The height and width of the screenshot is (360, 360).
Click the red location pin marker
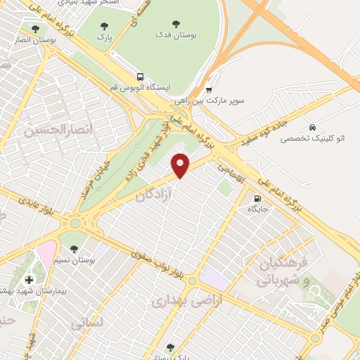point(181,165)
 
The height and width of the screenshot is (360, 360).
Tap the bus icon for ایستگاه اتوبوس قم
point(140,77)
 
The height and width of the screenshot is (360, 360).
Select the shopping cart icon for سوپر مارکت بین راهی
point(209,89)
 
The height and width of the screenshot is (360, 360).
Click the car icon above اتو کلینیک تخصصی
point(311,127)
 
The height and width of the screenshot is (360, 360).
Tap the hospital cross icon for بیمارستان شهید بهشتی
point(28,279)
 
